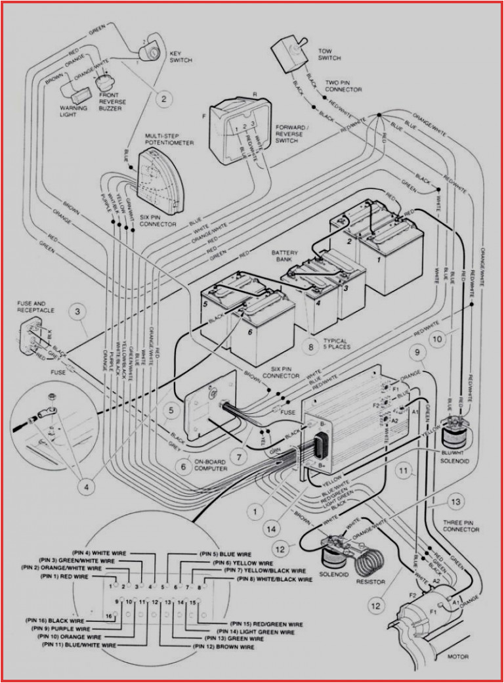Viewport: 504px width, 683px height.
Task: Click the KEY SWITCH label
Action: point(180,56)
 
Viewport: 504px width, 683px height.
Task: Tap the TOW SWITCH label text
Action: point(329,55)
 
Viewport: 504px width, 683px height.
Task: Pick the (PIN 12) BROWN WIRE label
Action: point(223,647)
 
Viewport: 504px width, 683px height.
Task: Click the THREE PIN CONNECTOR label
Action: point(461,525)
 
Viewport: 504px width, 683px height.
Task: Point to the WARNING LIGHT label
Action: point(68,110)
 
